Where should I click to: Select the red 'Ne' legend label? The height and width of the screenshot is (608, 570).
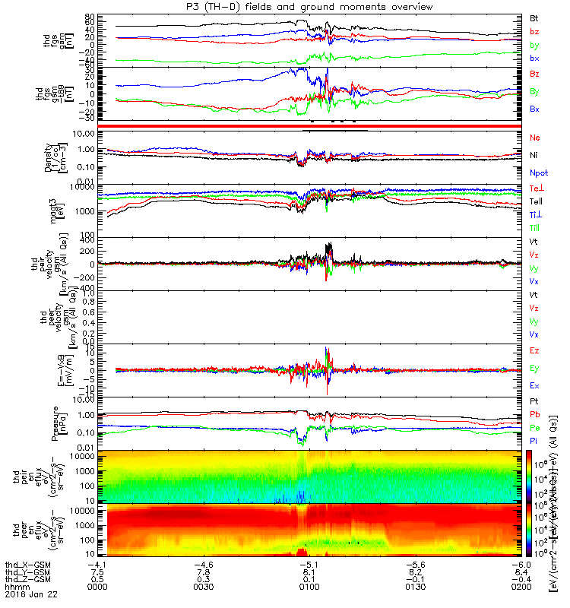point(534,138)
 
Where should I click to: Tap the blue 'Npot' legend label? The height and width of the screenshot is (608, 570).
point(538,173)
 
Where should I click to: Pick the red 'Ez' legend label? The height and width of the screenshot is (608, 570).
point(534,352)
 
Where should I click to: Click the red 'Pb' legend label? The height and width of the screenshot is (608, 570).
point(534,414)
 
